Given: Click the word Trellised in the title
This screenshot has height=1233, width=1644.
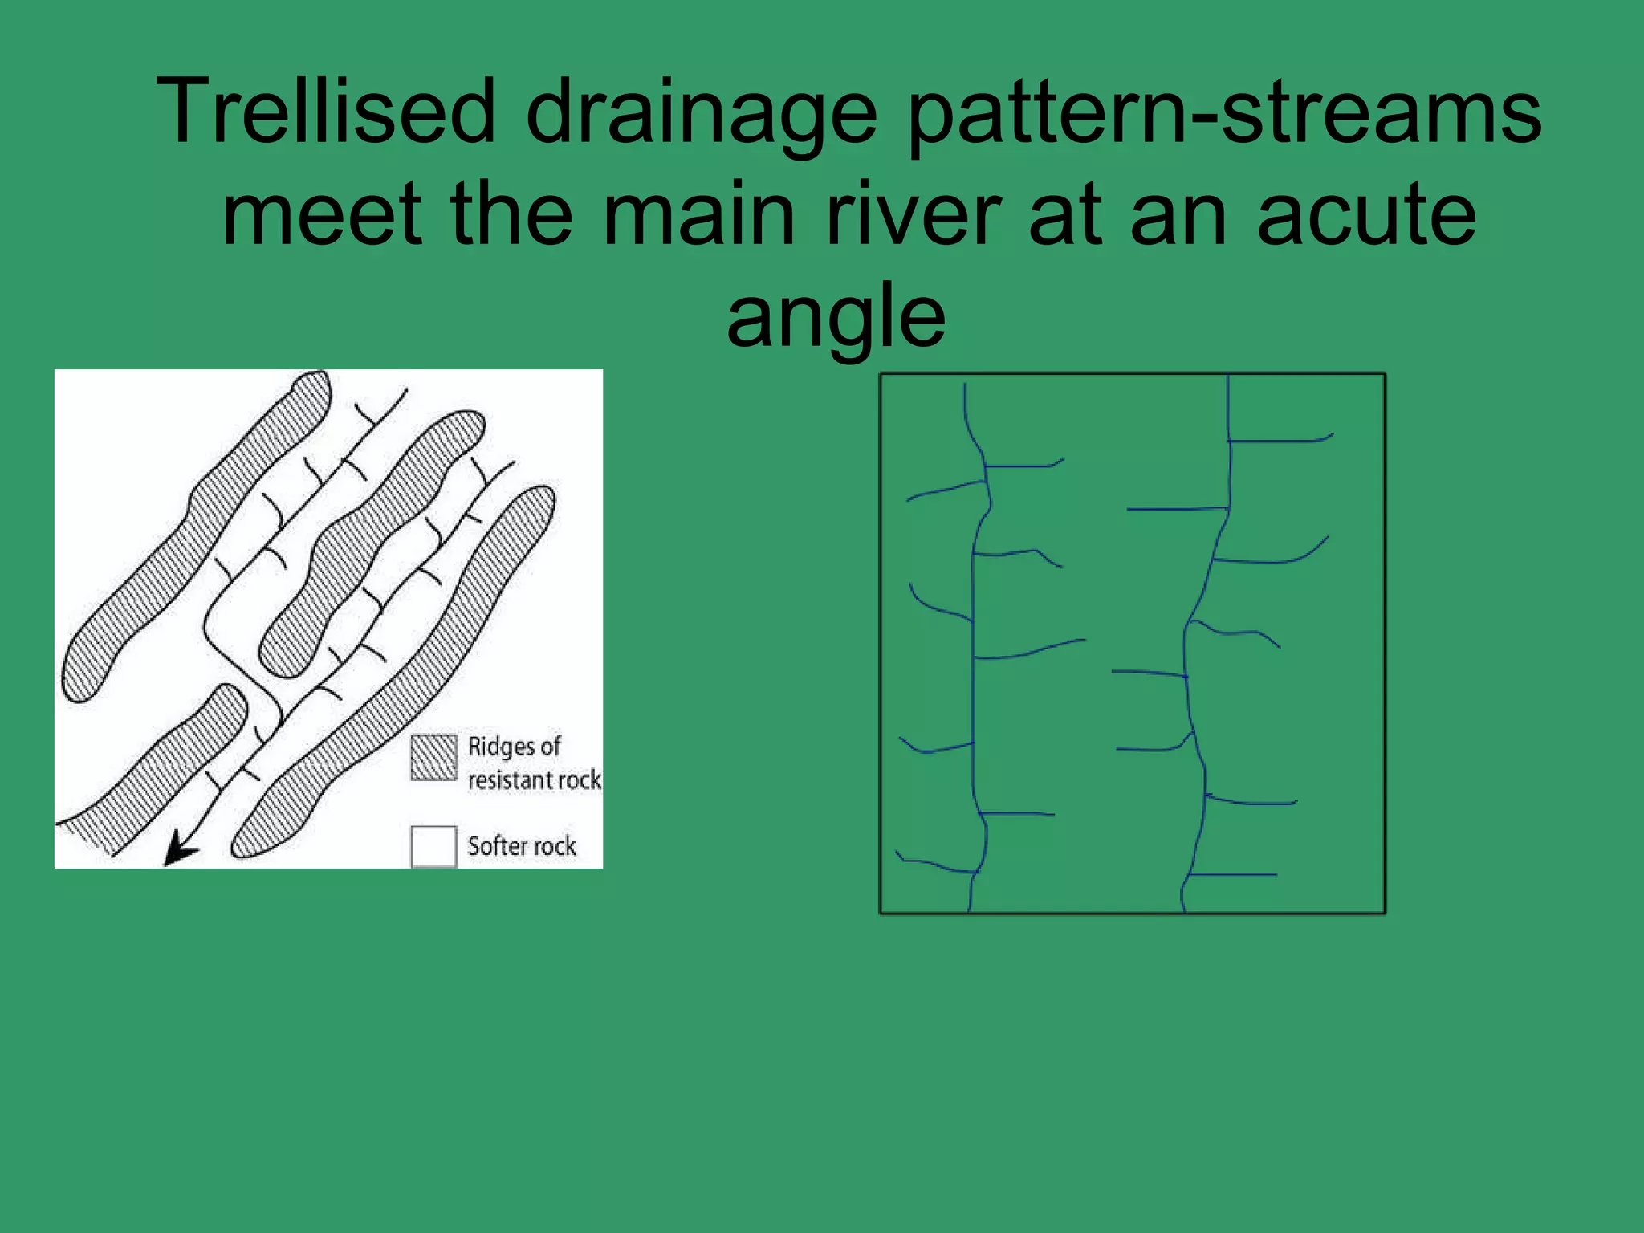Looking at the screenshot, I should pos(326,112).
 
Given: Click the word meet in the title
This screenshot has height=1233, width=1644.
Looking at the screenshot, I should pos(322,214).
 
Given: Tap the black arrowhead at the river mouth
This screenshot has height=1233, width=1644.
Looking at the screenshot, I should pos(180,848).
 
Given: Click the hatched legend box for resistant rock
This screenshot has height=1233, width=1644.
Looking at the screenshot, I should pos(433,757).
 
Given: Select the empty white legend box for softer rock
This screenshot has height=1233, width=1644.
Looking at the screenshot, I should pos(433,846).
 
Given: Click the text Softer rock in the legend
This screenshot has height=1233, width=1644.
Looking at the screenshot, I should pos(522,846).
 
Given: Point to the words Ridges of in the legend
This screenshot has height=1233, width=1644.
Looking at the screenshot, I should pos(514,747).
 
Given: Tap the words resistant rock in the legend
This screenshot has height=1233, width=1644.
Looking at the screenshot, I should pos(534,780).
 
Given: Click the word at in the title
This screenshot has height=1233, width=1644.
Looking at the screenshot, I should pos(1063,214).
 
